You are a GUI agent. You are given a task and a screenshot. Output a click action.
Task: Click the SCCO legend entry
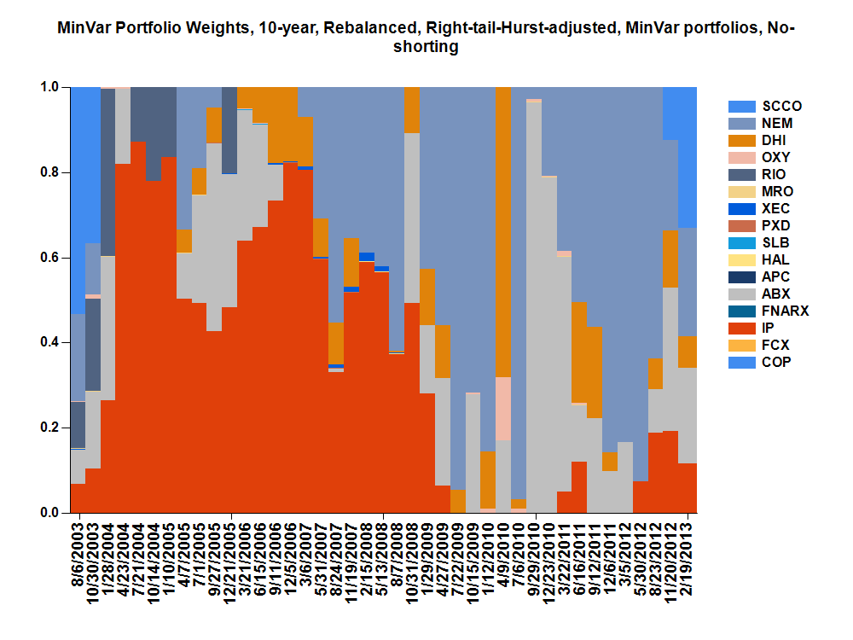pyautogui.click(x=781, y=107)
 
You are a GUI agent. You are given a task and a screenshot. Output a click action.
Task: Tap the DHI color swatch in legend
pyautogui.click(x=741, y=141)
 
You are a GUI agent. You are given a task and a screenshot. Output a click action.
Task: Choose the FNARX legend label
pyautogui.click(x=786, y=311)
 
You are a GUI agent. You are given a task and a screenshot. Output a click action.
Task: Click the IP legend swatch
pyautogui.click(x=741, y=329)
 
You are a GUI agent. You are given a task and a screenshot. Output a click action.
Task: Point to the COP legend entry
pyautogui.click(x=777, y=363)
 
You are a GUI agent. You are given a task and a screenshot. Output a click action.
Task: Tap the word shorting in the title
pyautogui.click(x=426, y=48)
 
